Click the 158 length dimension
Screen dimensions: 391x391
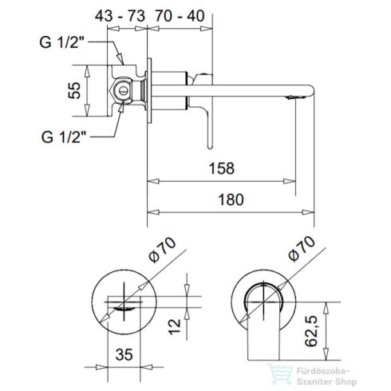[x=222, y=169]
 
